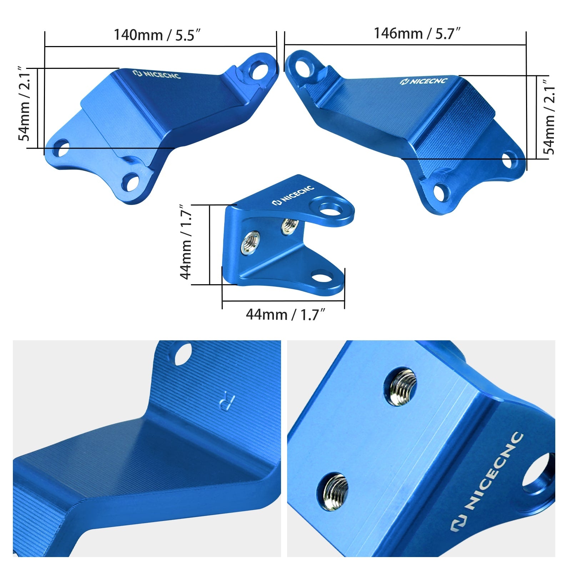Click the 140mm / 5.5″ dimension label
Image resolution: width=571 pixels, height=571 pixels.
pyautogui.click(x=157, y=35)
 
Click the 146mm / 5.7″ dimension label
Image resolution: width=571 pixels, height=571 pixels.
pyautogui.click(x=417, y=34)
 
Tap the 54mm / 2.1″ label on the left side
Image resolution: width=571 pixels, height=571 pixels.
pyautogui.click(x=25, y=104)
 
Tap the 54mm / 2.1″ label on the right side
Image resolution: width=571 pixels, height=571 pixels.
pyautogui.click(x=549, y=116)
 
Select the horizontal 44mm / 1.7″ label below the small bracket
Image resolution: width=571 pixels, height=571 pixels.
pyautogui.click(x=285, y=315)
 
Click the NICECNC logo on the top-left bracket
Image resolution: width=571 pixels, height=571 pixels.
pyautogui.click(x=157, y=74)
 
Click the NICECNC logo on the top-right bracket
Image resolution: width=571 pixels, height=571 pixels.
pyautogui.click(x=424, y=81)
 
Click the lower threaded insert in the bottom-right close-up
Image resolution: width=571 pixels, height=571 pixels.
pyautogui.click(x=335, y=491)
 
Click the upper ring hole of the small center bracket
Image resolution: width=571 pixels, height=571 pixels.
pyautogui.click(x=331, y=209)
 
